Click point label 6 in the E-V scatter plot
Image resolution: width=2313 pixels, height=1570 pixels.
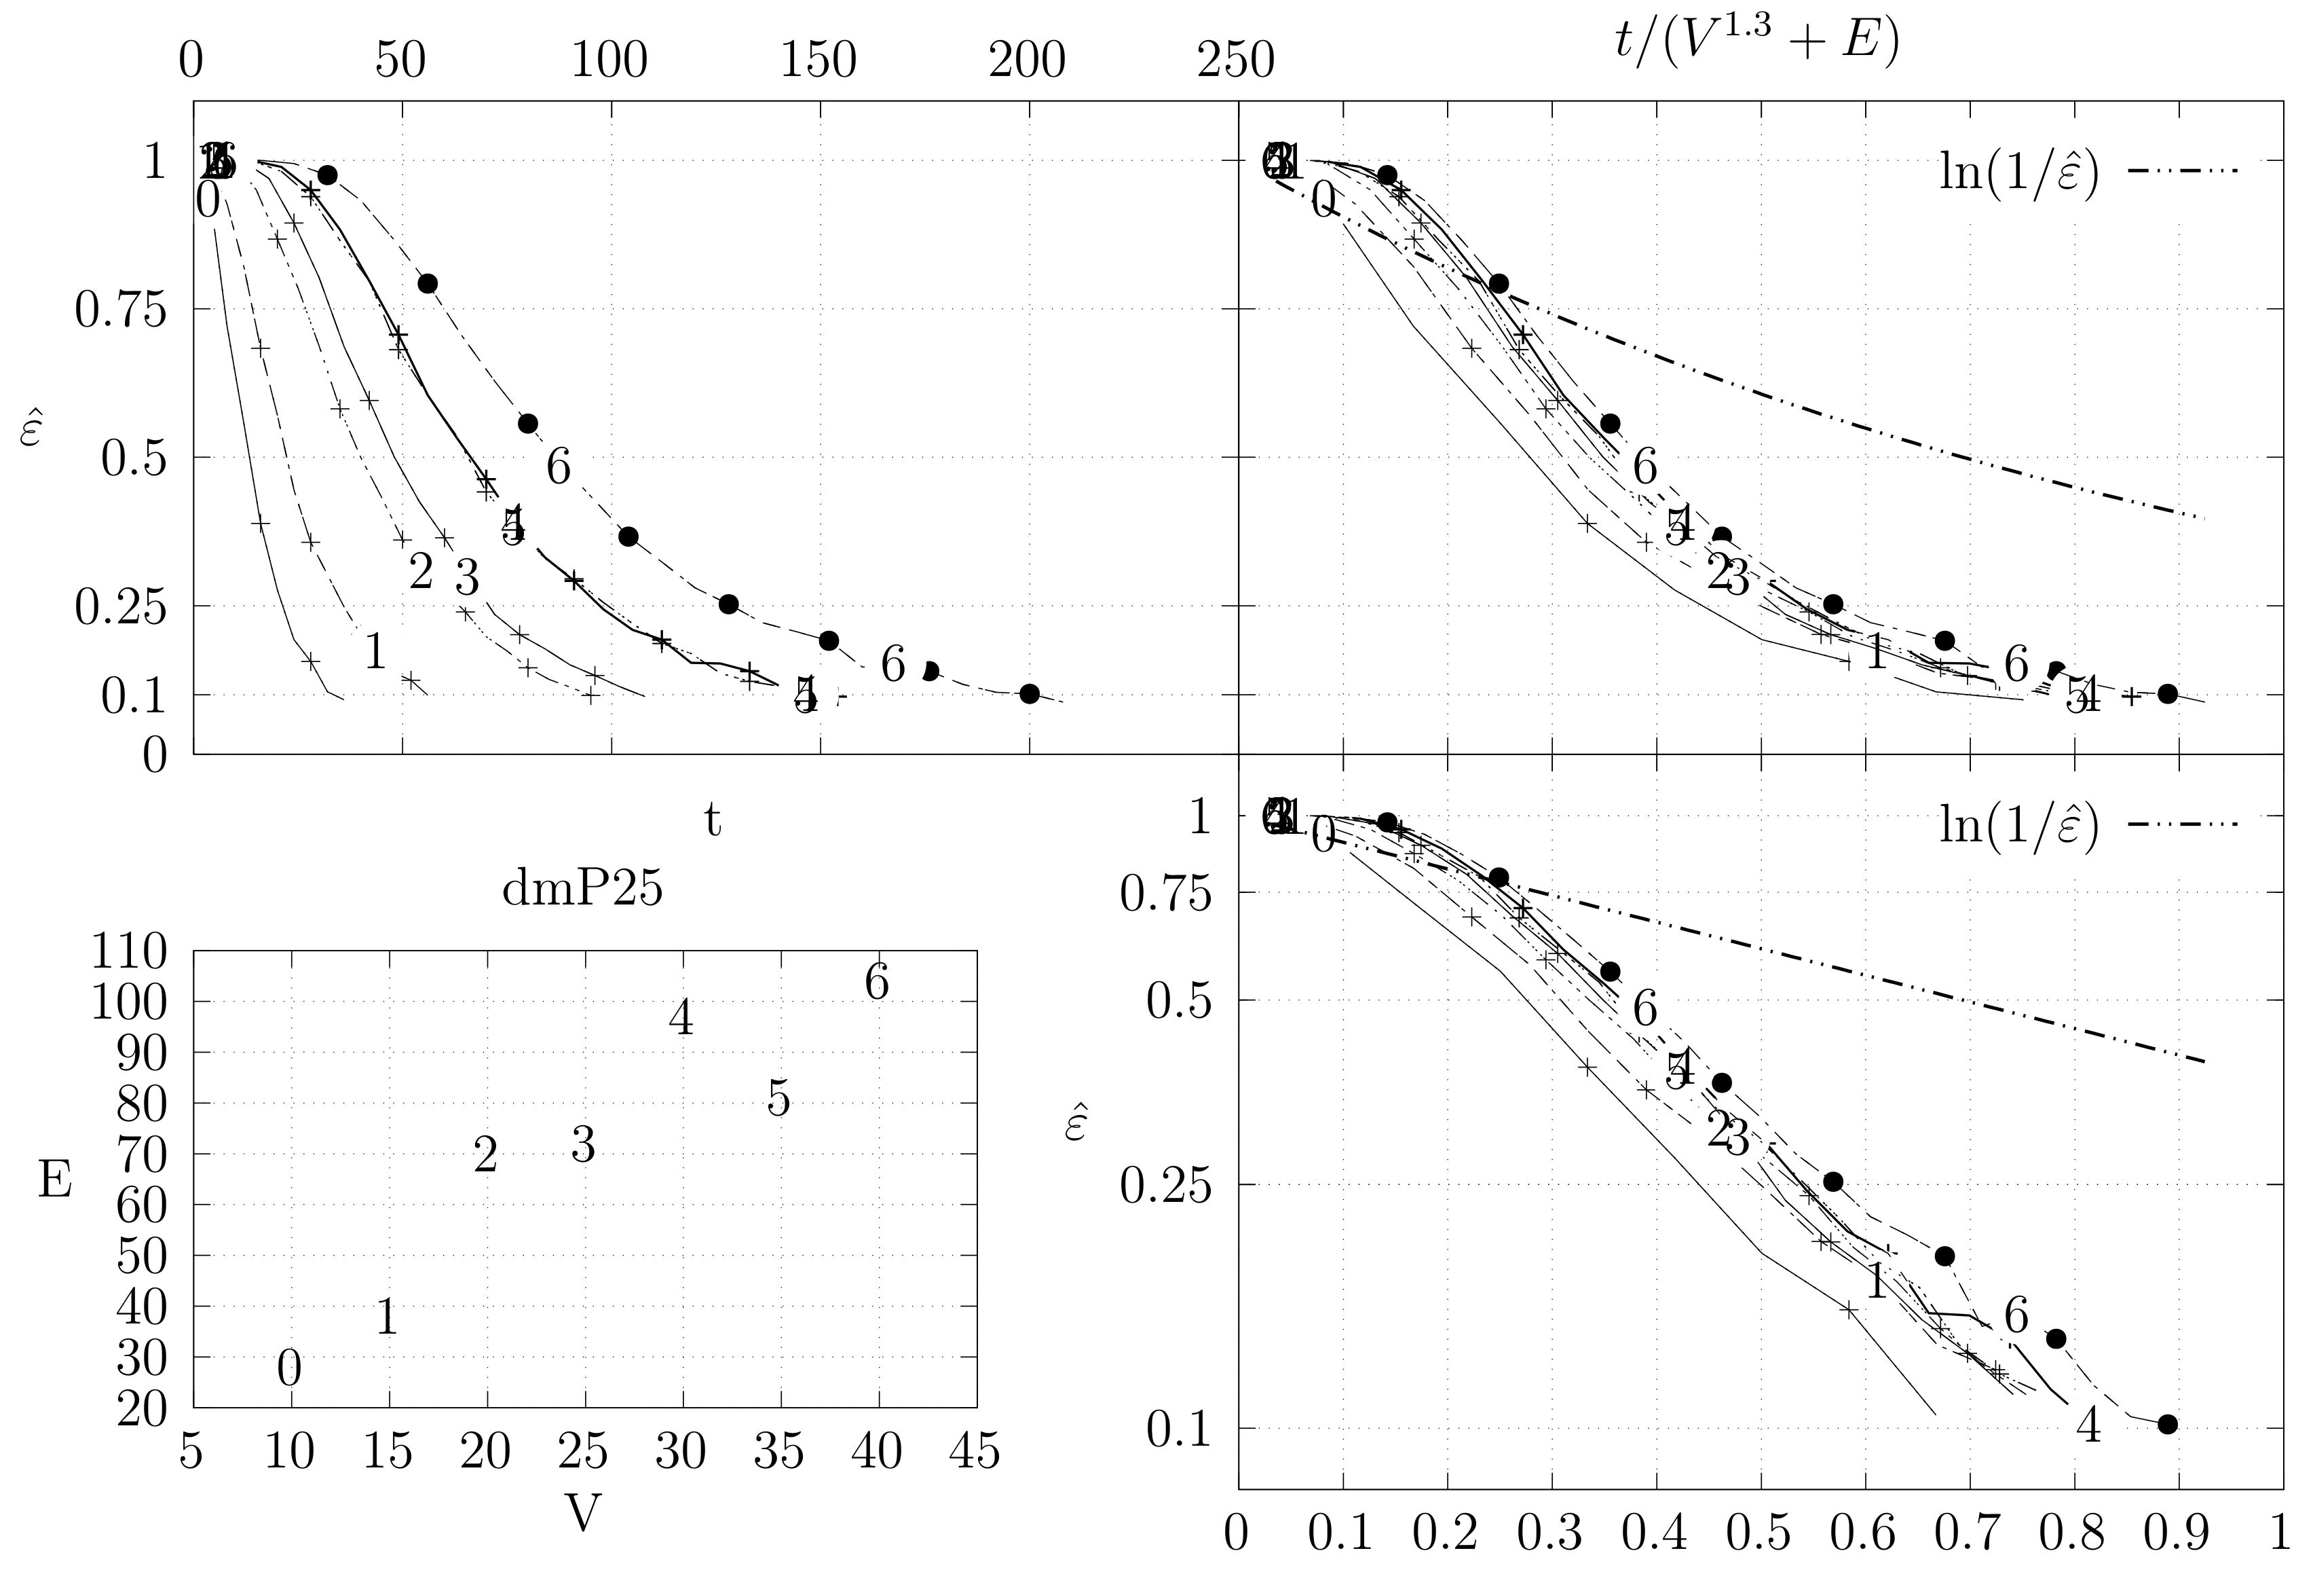pos(876,983)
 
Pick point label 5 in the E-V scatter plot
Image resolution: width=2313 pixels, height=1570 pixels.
pos(778,1099)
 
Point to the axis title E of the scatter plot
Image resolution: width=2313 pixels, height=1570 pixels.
pos(55,1181)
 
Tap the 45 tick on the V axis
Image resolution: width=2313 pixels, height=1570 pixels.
pos(975,1453)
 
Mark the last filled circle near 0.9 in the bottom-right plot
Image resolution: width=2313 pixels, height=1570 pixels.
pos(2168,1423)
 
